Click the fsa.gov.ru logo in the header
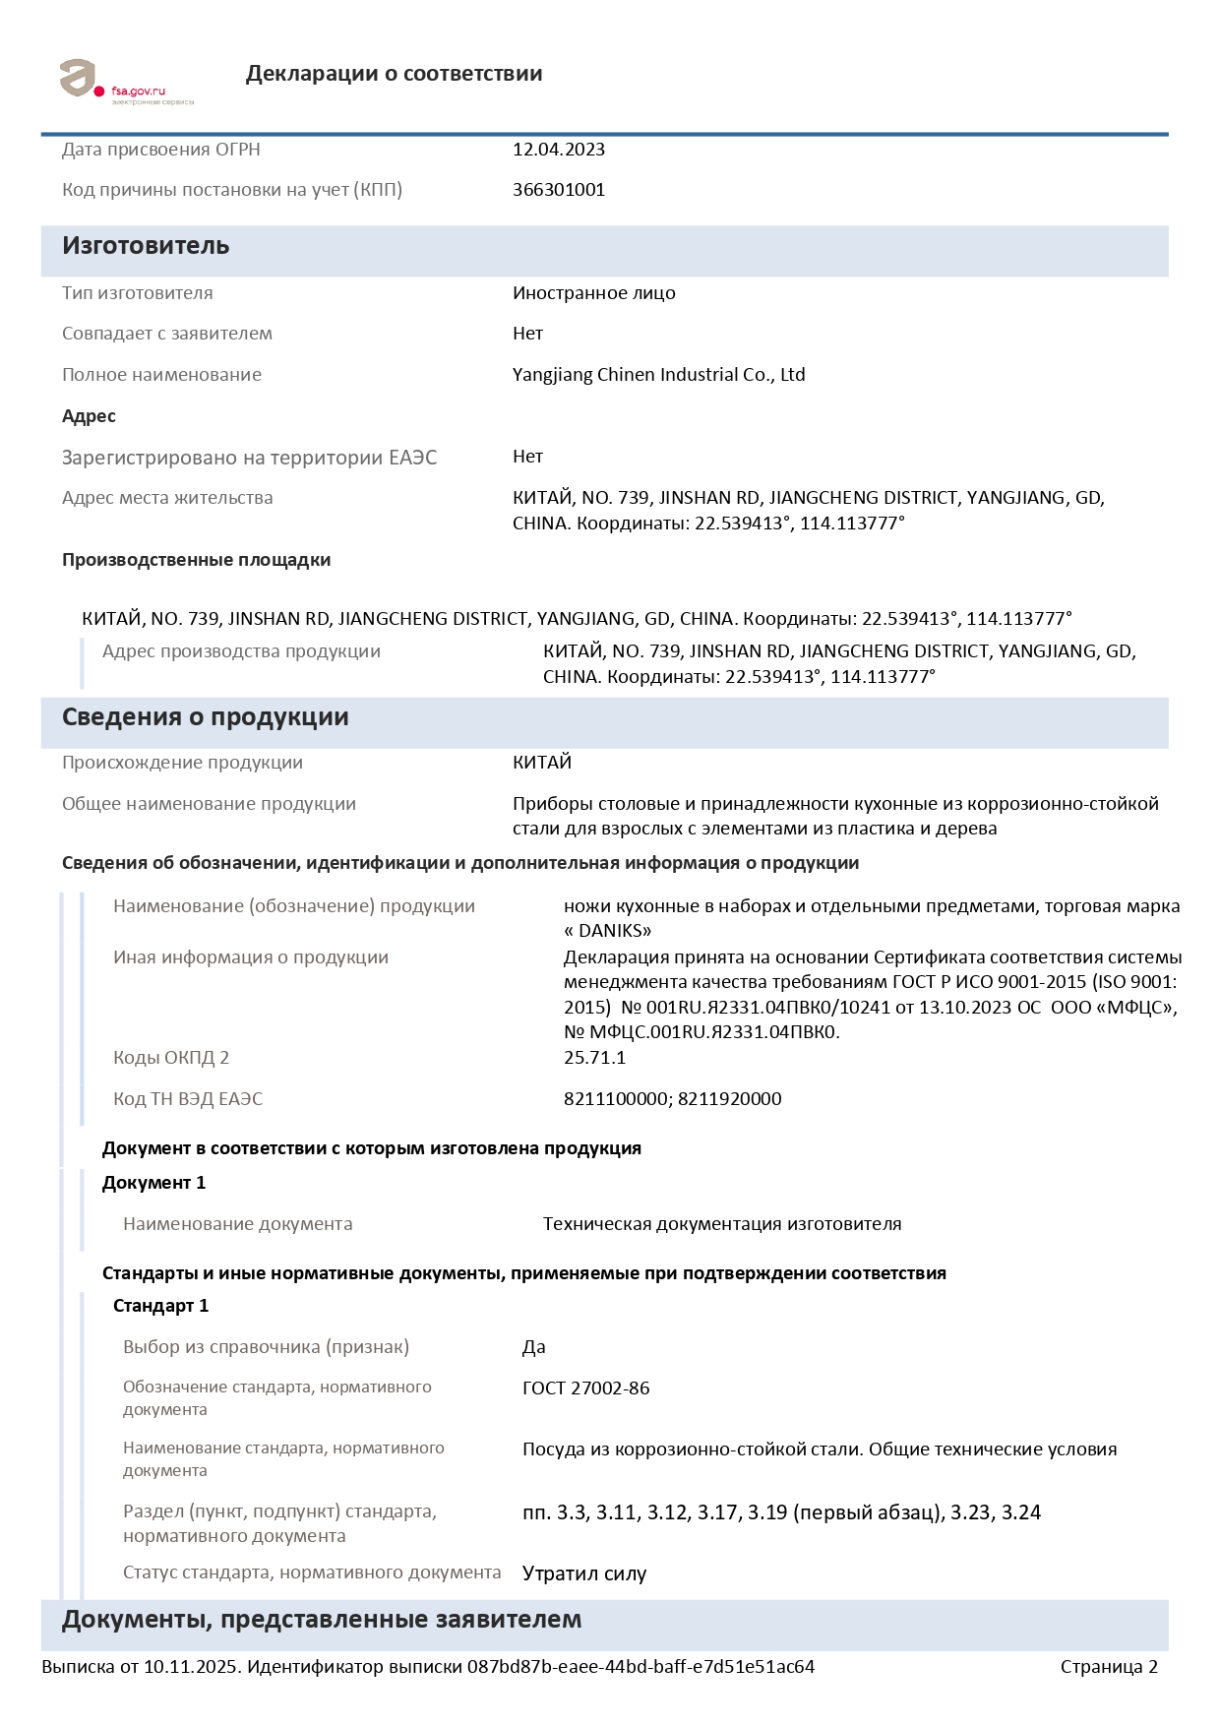click(x=125, y=82)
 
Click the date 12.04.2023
click(x=558, y=150)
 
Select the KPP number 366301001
click(x=558, y=190)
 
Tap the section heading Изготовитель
click(x=146, y=246)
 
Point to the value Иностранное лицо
click(x=593, y=293)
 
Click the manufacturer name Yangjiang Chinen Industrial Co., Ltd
click(x=658, y=375)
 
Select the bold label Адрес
click(x=89, y=416)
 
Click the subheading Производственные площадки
click(x=196, y=560)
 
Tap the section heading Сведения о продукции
click(x=205, y=717)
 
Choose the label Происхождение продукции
click(x=182, y=763)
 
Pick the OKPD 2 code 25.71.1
click(x=594, y=1058)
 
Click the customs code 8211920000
click(x=729, y=1099)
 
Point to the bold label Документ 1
click(x=153, y=1183)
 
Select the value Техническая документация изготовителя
click(x=721, y=1224)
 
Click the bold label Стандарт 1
click(x=160, y=1306)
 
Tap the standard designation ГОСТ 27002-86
click(x=585, y=1388)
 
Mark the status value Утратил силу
click(x=583, y=1573)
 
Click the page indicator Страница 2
click(x=1108, y=1667)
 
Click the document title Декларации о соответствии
click(x=394, y=74)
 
